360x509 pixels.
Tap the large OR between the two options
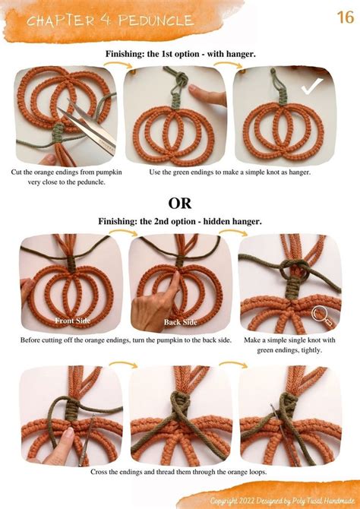[x=179, y=203]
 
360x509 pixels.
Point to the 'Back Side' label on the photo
[x=180, y=322]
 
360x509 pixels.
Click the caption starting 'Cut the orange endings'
[x=67, y=178]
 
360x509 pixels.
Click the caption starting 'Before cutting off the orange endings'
[x=127, y=340]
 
